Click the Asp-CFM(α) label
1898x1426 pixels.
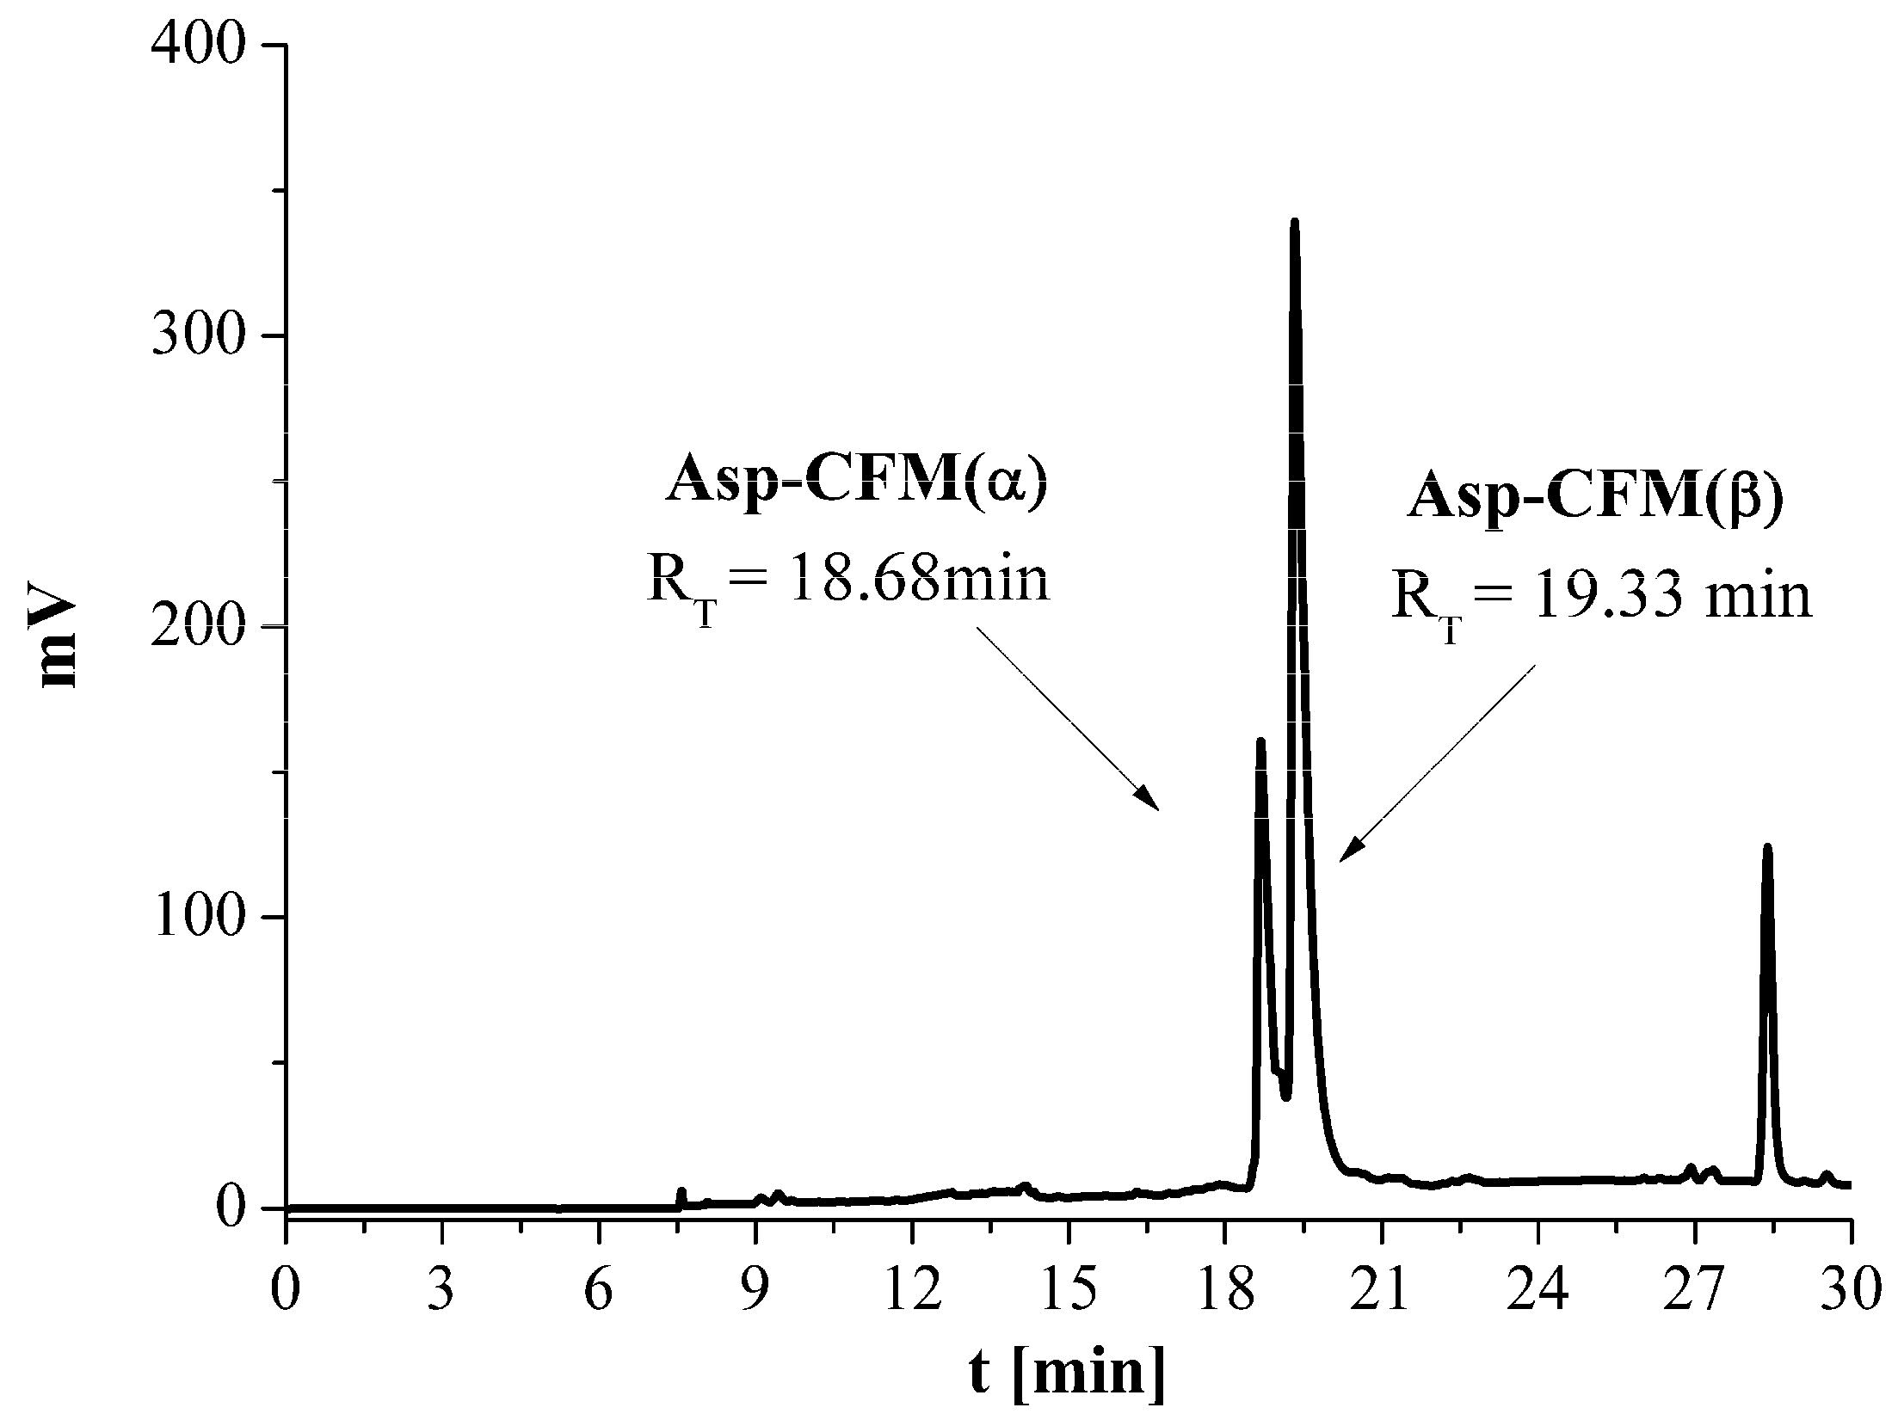858,485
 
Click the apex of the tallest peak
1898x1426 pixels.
1294,224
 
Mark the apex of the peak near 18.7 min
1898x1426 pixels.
1260,741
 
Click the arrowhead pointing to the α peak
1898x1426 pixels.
1153,804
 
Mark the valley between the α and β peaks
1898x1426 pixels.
1285,1095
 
